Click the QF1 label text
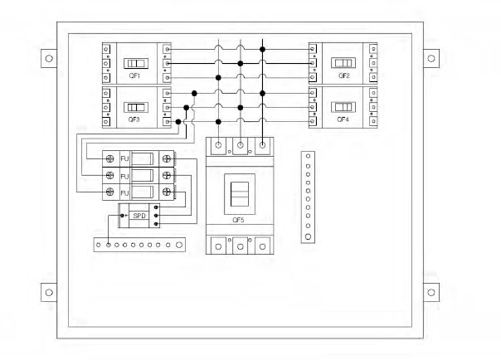[x=134, y=75]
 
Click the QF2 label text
[x=343, y=75]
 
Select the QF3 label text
[x=134, y=119]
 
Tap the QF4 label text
[x=343, y=119]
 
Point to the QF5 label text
[x=238, y=220]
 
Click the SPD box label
[x=139, y=216]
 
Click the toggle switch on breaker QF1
[x=136, y=63]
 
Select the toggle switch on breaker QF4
[x=343, y=107]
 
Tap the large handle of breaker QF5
[x=240, y=194]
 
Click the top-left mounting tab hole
[x=49, y=58]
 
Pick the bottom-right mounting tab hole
[x=431, y=292]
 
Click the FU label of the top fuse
[x=124, y=158]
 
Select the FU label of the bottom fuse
[x=124, y=193]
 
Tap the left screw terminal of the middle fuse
[x=109, y=175]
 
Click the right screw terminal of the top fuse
[x=167, y=158]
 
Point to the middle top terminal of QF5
[x=241, y=145]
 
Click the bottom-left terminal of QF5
[x=218, y=246]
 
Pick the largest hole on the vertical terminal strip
[x=308, y=236]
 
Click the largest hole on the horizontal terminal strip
[x=179, y=245]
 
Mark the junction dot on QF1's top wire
[x=262, y=49]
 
